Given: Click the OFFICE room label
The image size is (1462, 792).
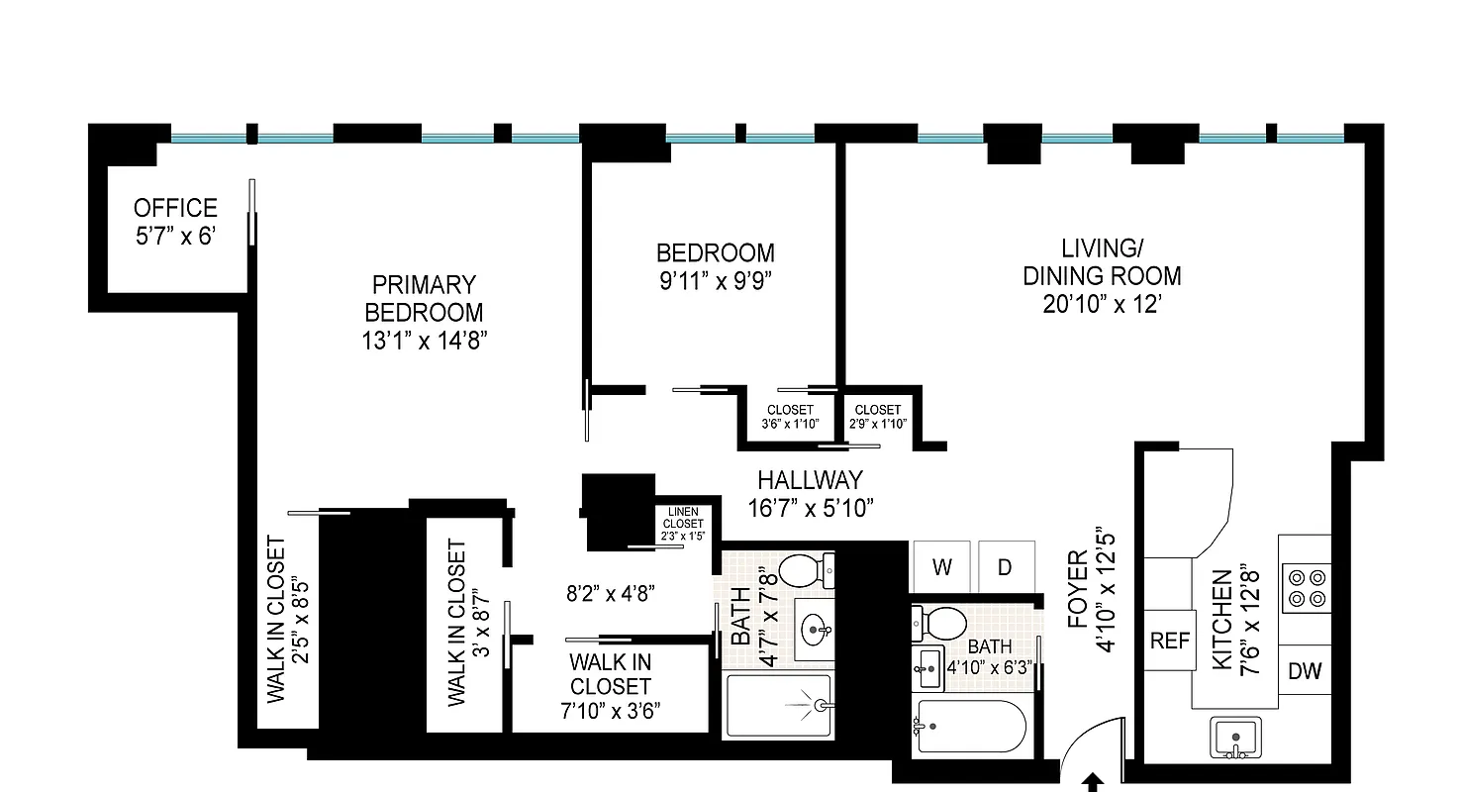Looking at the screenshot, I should point(175,209).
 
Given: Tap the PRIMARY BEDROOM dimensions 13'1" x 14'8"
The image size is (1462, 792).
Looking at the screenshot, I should point(424,341).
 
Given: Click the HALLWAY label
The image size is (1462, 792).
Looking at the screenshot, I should point(810,481).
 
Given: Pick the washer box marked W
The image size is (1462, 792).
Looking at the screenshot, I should point(941,567).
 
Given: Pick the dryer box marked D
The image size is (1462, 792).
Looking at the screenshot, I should point(1005,567).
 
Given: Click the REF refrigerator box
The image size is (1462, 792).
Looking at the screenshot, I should point(1169,641).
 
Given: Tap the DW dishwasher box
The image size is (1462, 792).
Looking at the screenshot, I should point(1305,671).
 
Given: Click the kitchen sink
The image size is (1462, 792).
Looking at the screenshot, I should point(1233,738).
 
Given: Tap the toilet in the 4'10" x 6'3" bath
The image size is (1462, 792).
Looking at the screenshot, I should point(940,624).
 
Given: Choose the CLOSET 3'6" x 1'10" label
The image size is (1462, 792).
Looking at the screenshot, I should point(789,417).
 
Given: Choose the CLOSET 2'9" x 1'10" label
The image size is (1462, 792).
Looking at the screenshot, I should point(877,417).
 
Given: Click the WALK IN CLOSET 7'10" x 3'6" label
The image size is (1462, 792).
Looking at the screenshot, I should point(610,686).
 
